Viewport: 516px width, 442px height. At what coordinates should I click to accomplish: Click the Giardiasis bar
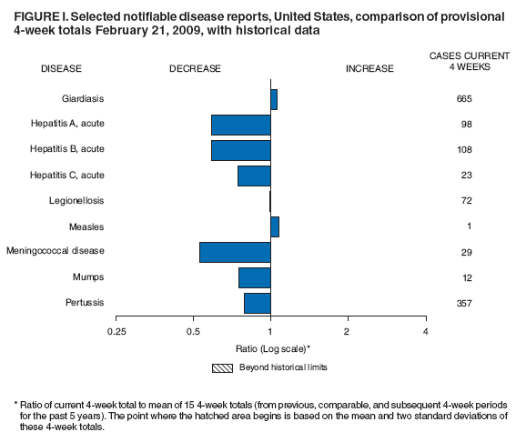click(274, 99)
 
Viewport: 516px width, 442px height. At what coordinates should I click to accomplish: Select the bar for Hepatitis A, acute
click(241, 125)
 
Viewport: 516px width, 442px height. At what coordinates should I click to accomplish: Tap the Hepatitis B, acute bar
click(241, 150)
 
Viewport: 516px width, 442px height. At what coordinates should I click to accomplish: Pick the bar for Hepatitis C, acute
click(254, 176)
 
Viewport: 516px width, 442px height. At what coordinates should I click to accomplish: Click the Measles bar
click(275, 226)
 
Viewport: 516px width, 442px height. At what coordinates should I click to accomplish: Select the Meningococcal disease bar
click(235, 252)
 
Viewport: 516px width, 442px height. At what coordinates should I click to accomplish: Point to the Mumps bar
click(255, 277)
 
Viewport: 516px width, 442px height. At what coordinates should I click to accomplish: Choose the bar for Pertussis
click(258, 303)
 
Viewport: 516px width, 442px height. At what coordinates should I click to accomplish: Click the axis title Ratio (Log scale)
click(270, 348)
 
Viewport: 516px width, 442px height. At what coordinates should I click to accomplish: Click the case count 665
click(464, 99)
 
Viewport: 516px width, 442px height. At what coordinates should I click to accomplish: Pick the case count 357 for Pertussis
click(464, 303)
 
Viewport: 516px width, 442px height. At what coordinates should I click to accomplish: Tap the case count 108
click(464, 150)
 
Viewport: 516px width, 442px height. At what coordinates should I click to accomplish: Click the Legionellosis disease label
click(76, 201)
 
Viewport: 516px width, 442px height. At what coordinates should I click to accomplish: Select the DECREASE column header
click(195, 68)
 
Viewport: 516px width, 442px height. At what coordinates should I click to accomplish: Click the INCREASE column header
click(369, 68)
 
